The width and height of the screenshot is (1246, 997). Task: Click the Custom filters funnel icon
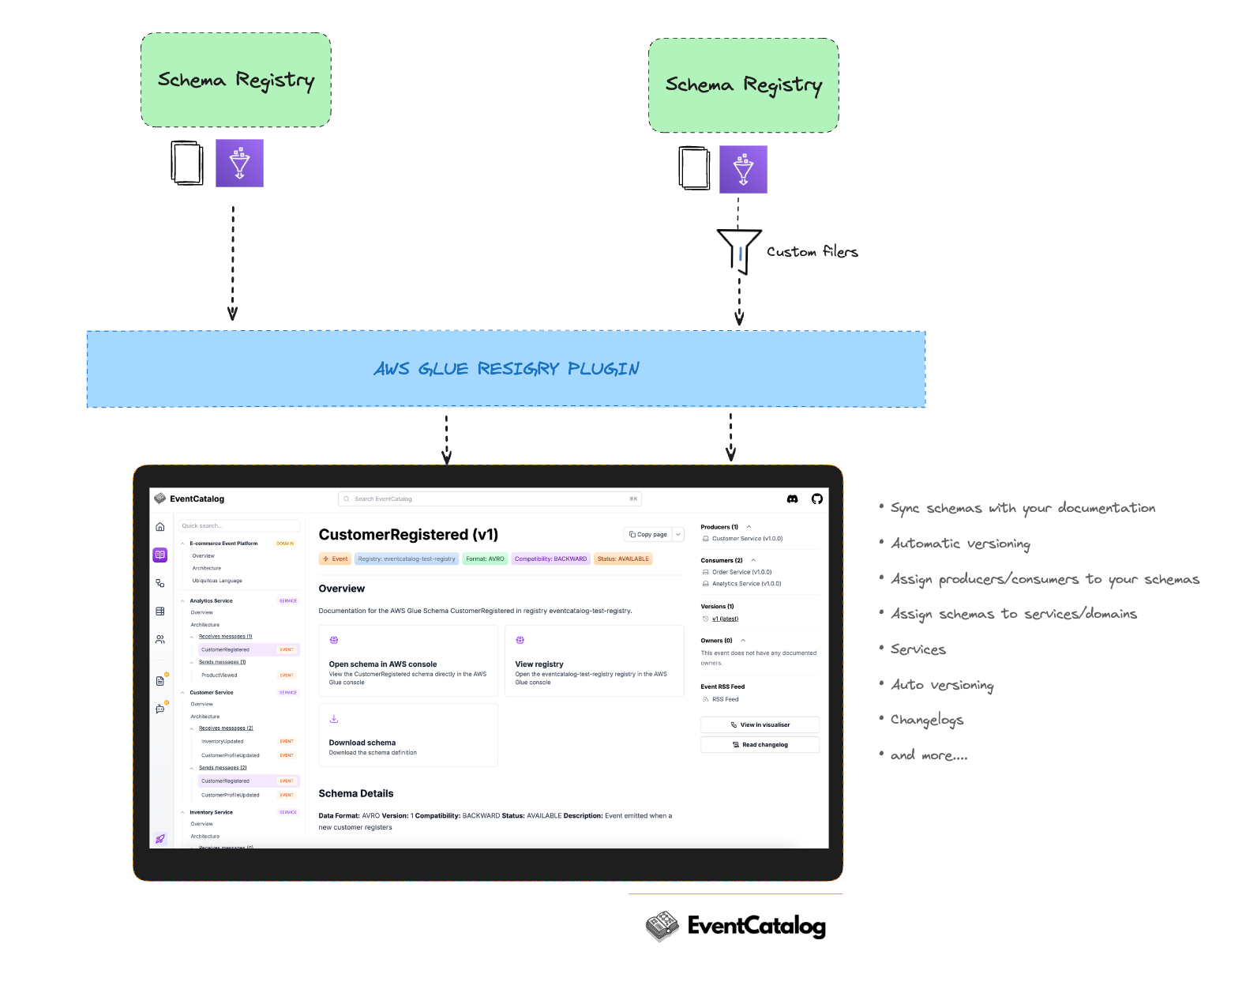pos(739,250)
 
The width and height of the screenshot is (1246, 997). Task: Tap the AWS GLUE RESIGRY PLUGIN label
pos(506,369)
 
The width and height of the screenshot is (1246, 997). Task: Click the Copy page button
pos(648,535)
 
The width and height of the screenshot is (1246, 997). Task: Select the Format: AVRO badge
pos(485,559)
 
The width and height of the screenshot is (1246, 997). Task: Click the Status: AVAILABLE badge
pos(623,559)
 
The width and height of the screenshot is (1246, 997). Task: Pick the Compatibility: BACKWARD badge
pos(551,559)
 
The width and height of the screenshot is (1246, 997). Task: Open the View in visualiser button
pos(760,724)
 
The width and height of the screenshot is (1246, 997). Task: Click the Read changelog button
pos(760,745)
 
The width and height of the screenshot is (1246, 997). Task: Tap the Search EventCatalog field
pos(490,499)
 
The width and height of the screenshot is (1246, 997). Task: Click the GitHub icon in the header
pos(817,499)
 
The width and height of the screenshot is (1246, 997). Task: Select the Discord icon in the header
pos(792,499)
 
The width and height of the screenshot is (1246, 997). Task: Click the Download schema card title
pos(362,743)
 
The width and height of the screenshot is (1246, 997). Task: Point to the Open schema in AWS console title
pos(383,664)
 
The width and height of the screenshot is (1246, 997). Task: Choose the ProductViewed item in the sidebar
pos(220,675)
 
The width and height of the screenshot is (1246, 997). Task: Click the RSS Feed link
pos(725,699)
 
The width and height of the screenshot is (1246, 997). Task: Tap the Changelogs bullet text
pos(927,720)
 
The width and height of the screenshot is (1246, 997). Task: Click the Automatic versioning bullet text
pos(960,544)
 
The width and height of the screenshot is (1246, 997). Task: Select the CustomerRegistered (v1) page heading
pos(408,535)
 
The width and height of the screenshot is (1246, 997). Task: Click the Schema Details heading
pos(356,794)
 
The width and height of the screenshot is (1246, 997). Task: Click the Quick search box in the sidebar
pos(239,526)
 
